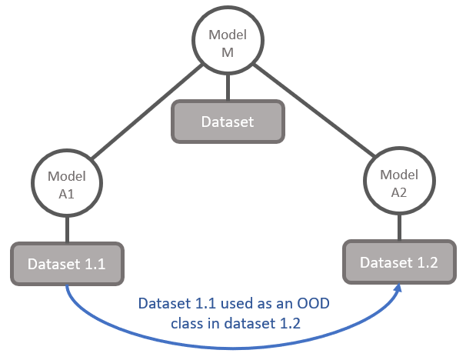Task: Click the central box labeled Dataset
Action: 228,122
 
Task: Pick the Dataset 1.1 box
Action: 67,264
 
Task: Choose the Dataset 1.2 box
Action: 399,262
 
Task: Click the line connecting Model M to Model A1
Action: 147,112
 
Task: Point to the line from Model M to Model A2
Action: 314,110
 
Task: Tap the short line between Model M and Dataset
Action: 228,88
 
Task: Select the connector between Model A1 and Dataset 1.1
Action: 67,229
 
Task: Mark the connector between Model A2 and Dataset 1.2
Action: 399,227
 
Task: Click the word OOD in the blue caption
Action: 313,304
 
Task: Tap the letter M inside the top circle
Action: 228,52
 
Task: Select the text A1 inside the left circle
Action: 66,194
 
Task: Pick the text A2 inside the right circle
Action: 399,192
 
